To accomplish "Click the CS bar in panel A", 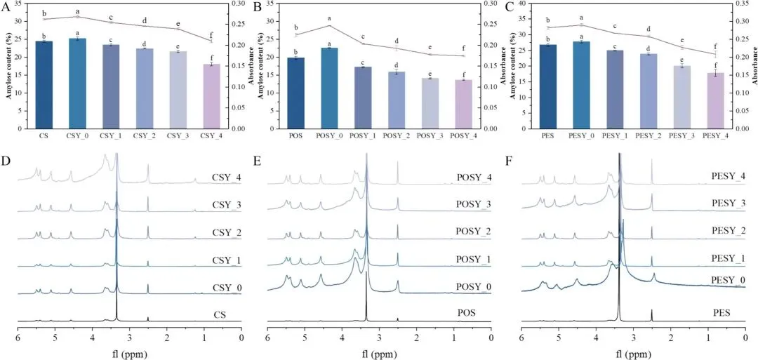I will (44, 84).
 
